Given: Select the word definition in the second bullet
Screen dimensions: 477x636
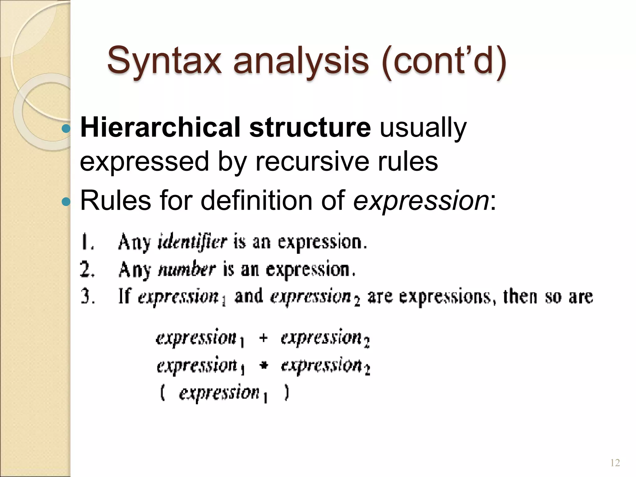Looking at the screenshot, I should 256,200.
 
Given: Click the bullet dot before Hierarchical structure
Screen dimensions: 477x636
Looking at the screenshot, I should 66,128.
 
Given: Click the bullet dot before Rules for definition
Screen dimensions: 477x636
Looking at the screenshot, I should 66,202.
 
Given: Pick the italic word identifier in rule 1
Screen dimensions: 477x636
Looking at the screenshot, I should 192,242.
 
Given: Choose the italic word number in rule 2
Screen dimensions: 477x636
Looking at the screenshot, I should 187,269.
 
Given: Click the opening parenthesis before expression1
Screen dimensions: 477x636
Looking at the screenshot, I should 162,393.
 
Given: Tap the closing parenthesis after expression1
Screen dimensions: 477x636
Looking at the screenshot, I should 287,393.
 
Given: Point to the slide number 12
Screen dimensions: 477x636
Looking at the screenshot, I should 615,463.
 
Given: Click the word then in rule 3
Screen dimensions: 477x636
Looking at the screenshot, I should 520,297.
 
